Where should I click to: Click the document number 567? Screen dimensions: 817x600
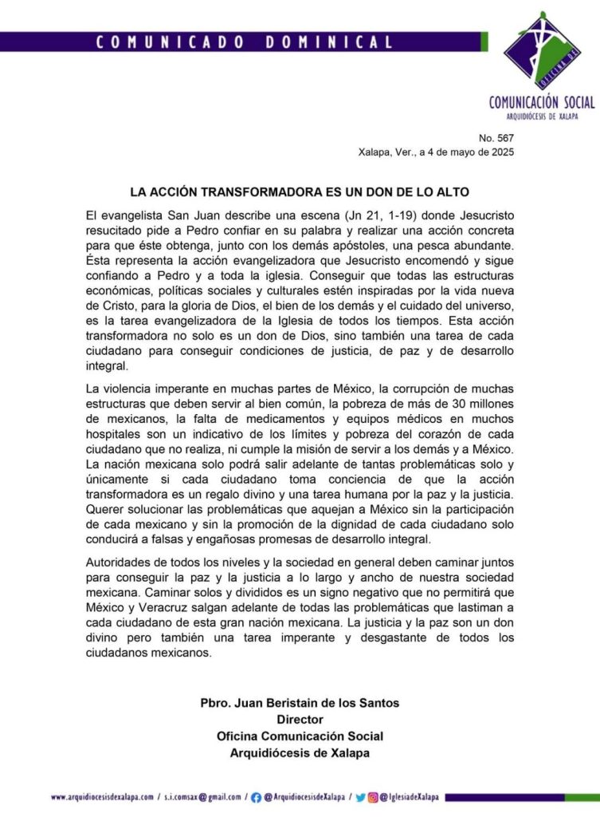click(500, 136)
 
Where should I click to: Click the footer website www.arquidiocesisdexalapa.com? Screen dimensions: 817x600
click(103, 796)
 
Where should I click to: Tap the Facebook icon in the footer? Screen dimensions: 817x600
click(256, 796)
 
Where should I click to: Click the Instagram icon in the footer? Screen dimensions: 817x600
click(373, 796)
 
